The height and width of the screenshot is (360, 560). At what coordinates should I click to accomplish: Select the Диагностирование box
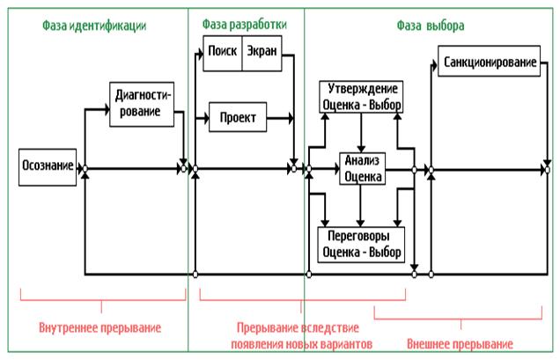[142, 104]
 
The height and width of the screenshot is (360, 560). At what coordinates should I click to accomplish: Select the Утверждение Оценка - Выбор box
[362, 98]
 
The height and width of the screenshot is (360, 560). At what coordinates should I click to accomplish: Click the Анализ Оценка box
[363, 167]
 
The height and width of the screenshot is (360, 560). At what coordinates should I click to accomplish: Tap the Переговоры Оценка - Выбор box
[362, 242]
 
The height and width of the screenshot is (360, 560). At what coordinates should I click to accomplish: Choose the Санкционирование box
[489, 63]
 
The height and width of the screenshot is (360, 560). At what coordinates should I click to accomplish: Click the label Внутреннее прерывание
[100, 327]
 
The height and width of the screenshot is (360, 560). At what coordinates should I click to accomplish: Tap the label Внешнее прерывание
[460, 343]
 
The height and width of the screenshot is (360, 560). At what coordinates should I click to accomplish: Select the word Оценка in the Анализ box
[363, 175]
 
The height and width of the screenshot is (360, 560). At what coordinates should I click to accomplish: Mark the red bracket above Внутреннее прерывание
[100, 300]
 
